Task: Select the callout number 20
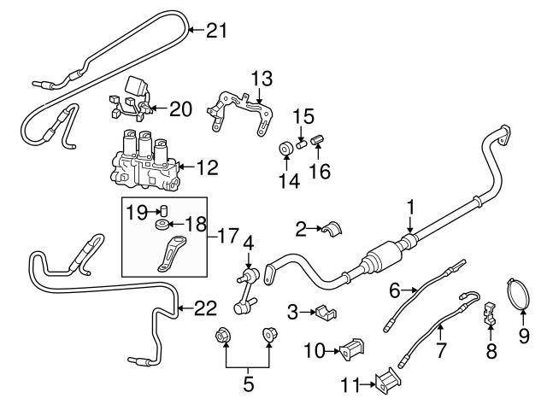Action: click(180, 108)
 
